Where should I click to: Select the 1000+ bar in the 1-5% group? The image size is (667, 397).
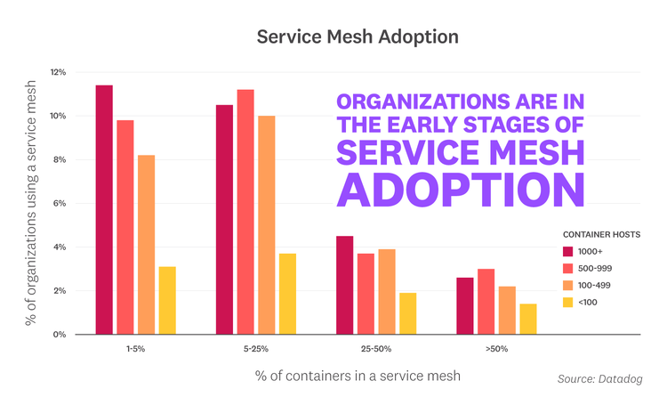tap(104, 210)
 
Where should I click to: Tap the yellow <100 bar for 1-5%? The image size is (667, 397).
tap(167, 301)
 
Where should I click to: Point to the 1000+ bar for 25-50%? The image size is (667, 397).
tap(344, 285)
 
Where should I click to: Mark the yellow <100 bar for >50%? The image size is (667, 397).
tap(528, 319)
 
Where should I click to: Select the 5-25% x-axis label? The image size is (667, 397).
tap(254, 349)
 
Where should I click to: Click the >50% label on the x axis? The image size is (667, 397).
tap(496, 349)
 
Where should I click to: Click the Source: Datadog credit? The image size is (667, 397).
tap(599, 380)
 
